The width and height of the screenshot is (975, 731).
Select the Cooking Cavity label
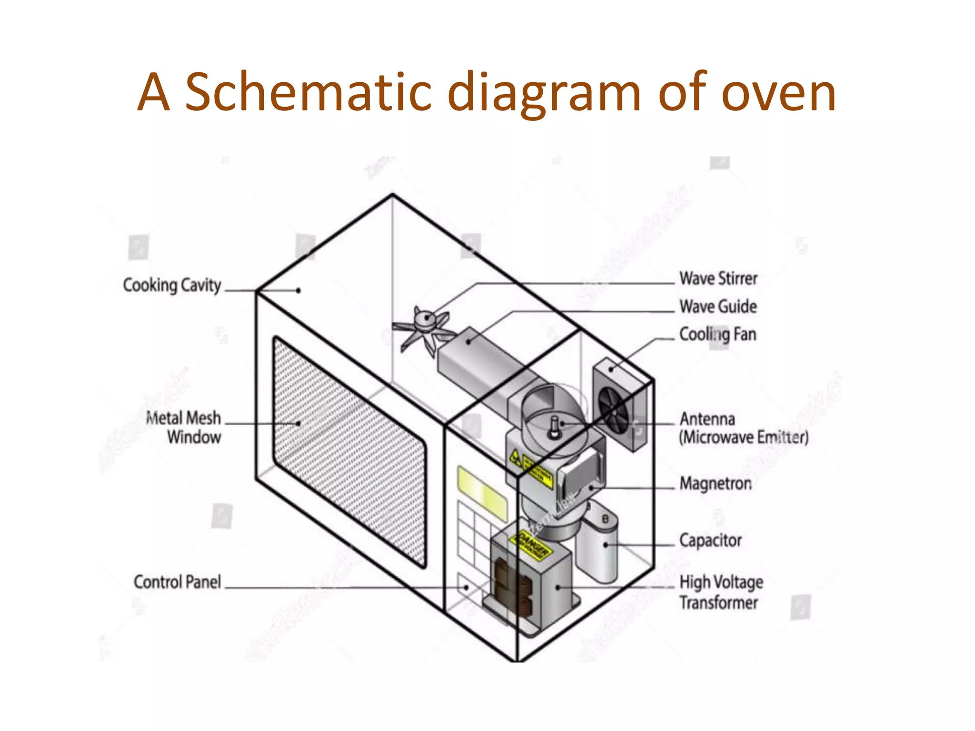tap(172, 285)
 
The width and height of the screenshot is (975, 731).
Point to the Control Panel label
tap(177, 582)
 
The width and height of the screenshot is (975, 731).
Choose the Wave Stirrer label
tap(718, 278)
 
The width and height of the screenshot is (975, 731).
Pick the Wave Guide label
tap(718, 306)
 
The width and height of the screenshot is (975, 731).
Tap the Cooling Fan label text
tap(717, 335)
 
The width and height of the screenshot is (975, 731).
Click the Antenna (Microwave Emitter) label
tap(743, 428)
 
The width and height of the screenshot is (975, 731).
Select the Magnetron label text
tap(716, 484)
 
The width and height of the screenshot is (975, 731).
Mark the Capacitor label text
tap(710, 541)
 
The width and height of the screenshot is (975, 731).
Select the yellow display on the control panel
tap(482, 493)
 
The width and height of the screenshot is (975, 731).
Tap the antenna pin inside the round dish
tap(554, 426)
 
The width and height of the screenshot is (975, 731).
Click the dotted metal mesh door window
tap(350, 452)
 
